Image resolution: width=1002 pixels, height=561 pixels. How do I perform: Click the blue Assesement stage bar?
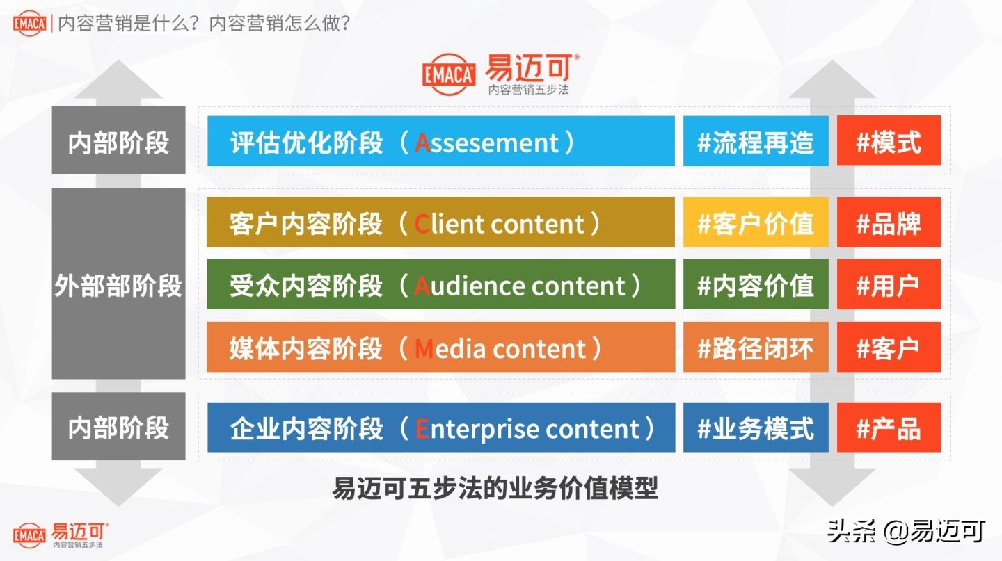tap(441, 141)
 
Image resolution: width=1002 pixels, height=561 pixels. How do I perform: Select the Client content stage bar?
tap(440, 222)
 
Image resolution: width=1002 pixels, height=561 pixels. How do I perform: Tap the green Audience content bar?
tap(440, 284)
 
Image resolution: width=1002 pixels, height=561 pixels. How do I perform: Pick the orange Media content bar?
tap(440, 347)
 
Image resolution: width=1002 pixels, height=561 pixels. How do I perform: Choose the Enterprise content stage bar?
tap(441, 428)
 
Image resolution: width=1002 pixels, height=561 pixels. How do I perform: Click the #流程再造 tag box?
tap(756, 141)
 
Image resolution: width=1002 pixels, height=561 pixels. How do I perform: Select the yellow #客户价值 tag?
tap(756, 222)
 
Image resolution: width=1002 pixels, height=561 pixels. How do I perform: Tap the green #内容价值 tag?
tap(756, 284)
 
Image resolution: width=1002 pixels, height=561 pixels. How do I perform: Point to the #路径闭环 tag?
tap(756, 347)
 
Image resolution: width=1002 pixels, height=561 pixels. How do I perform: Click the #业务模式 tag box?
tap(756, 428)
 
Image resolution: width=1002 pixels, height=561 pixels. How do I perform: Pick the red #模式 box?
tap(889, 141)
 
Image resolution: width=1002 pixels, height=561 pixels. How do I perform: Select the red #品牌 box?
tap(889, 222)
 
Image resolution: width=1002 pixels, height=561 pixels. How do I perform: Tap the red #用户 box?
tap(889, 284)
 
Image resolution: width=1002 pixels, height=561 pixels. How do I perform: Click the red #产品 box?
tap(889, 428)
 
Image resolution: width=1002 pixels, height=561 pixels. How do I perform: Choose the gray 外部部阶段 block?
tap(118, 284)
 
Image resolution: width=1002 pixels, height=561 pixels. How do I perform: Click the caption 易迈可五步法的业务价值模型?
tap(495, 488)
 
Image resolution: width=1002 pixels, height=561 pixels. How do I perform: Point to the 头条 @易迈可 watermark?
tap(906, 531)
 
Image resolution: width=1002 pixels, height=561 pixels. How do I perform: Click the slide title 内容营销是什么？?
tap(129, 23)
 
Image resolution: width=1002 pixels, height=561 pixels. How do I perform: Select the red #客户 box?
tap(889, 347)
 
